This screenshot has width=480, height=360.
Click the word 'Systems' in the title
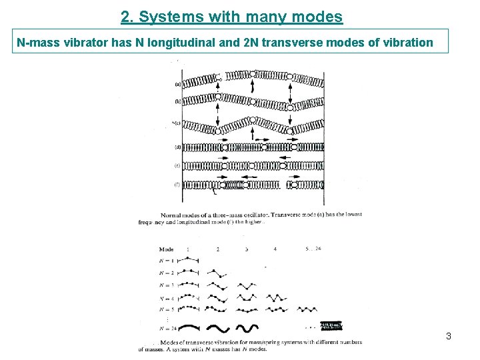[x=171, y=16]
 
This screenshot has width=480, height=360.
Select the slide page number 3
[x=449, y=336]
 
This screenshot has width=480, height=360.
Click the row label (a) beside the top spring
[x=178, y=84]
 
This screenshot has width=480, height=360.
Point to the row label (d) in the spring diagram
[x=178, y=147]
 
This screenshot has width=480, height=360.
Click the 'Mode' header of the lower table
[x=166, y=249]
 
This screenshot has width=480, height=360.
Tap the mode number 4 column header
[x=275, y=249]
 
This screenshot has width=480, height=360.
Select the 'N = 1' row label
[x=167, y=261]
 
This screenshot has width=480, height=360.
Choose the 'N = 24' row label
[x=168, y=328]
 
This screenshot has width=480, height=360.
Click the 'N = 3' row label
[x=167, y=285]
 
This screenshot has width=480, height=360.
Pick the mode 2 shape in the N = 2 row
[x=217, y=273]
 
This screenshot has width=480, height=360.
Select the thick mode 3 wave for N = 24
[x=246, y=328]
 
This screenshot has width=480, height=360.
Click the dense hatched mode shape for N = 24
[x=331, y=326]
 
